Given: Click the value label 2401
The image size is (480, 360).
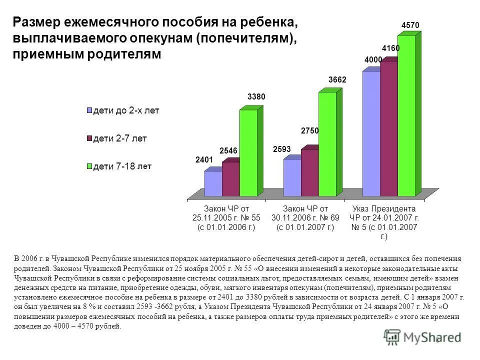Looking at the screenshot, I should (x=204, y=160).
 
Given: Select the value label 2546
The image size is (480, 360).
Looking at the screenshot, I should (x=228, y=150).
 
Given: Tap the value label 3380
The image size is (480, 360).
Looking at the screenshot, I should (x=256, y=97).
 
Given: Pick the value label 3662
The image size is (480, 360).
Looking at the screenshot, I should (x=337, y=80).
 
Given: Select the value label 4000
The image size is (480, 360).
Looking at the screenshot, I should (x=373, y=60).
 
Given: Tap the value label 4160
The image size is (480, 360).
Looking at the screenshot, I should (x=390, y=48).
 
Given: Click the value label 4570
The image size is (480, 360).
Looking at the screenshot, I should (x=410, y=24).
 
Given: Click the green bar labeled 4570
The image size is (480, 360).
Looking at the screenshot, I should (x=406, y=115).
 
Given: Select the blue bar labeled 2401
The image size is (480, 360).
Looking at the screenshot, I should (x=213, y=183).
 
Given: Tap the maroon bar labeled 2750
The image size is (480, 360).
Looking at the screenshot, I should (x=309, y=172).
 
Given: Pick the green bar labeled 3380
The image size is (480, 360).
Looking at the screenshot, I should (x=248, y=152).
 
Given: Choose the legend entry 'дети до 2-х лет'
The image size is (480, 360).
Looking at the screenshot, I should (x=123, y=110).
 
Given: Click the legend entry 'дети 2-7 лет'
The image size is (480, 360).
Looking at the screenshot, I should (x=117, y=138).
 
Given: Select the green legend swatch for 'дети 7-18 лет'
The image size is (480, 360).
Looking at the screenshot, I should (x=89, y=167).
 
